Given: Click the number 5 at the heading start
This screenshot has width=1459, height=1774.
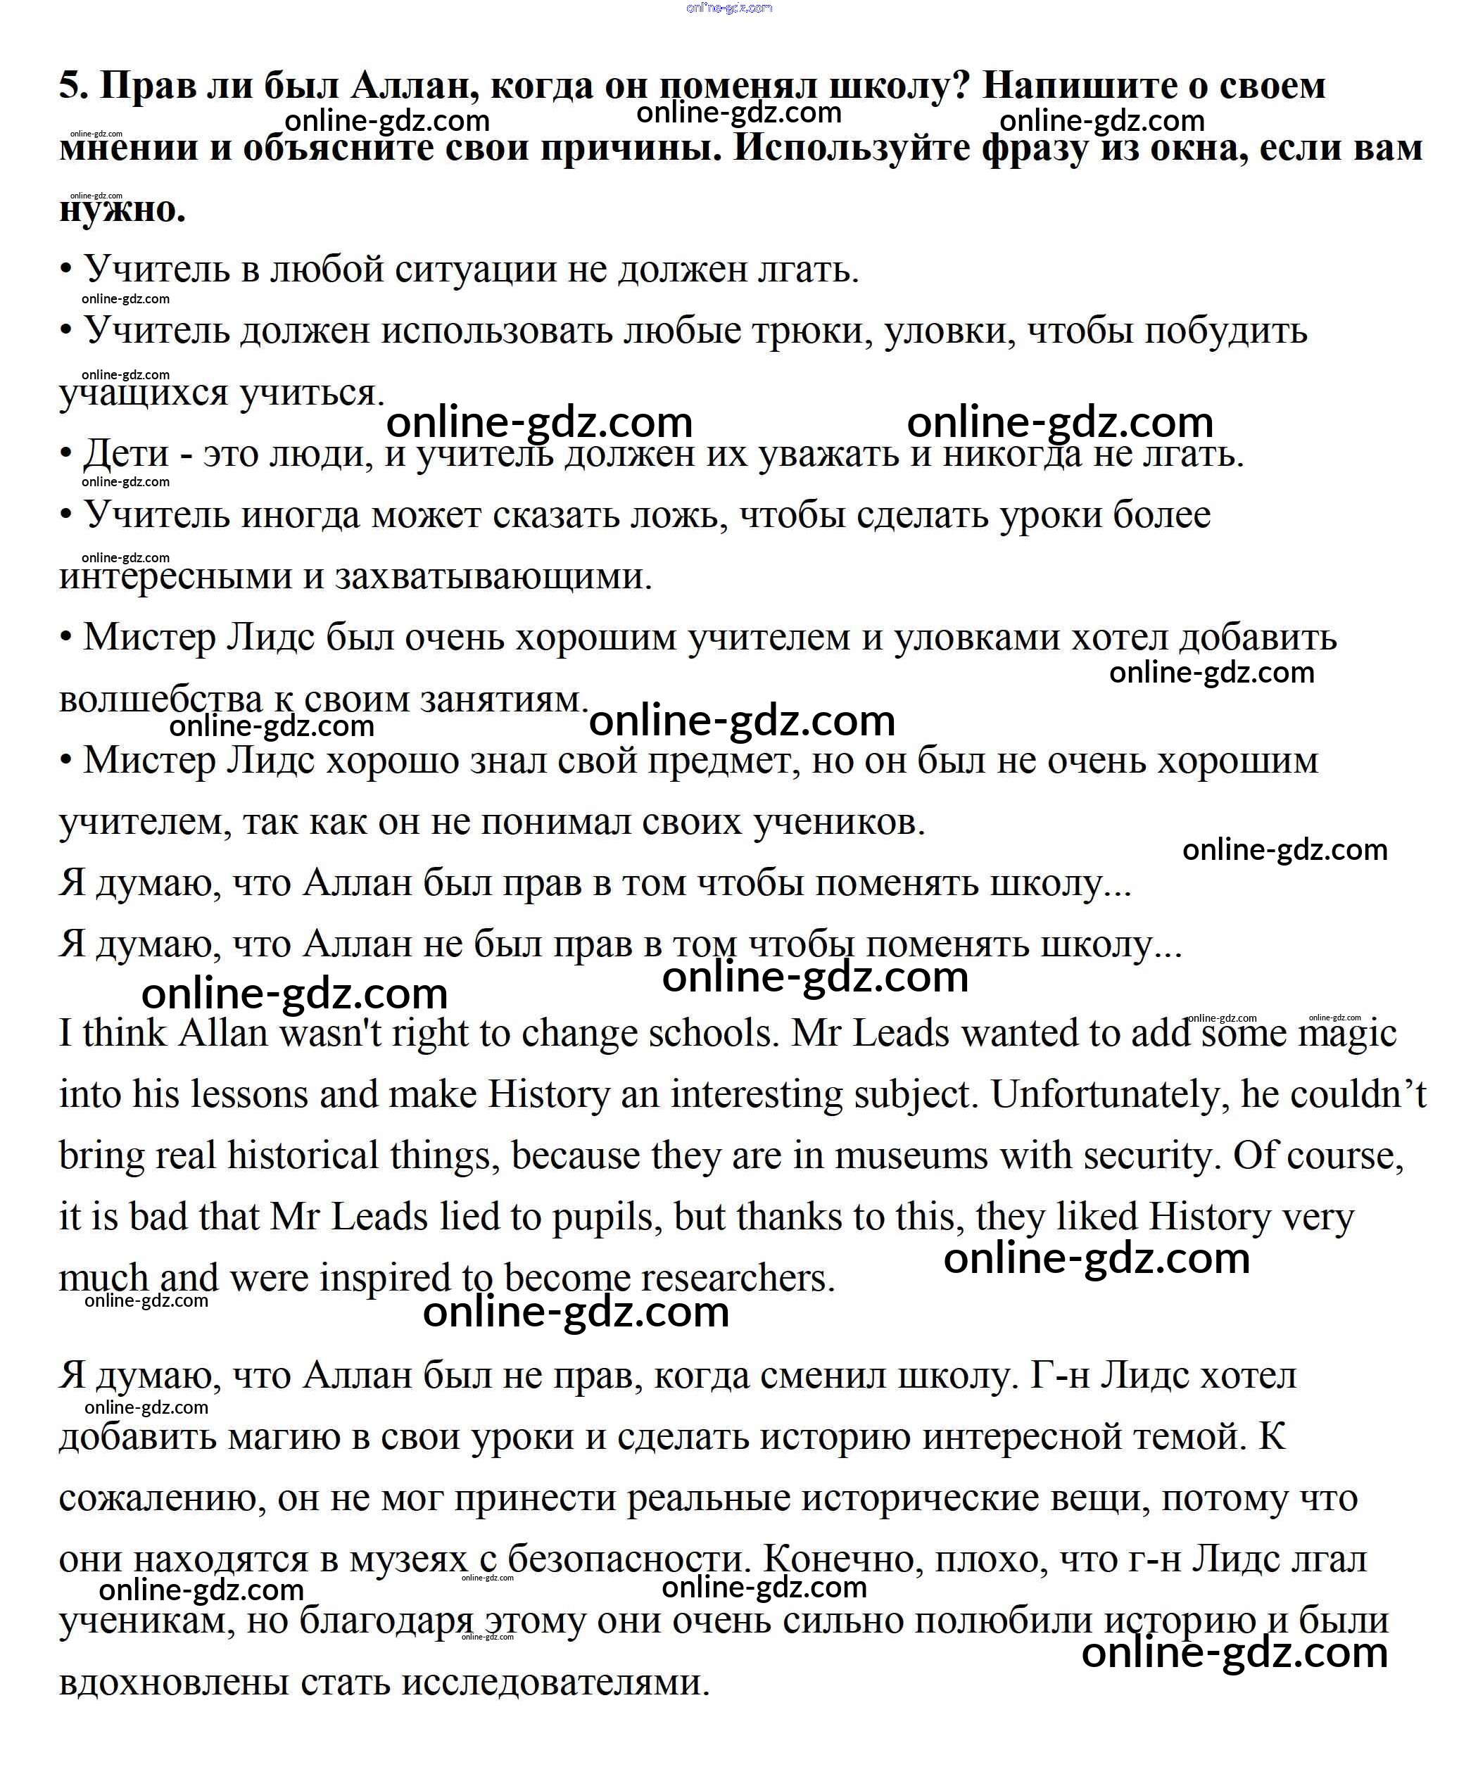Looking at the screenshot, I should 70,86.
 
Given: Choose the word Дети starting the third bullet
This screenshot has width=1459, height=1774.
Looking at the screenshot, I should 125,455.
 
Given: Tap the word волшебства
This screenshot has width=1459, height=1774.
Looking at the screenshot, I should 160,700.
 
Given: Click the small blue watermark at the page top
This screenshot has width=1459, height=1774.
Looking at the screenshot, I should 728,8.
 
